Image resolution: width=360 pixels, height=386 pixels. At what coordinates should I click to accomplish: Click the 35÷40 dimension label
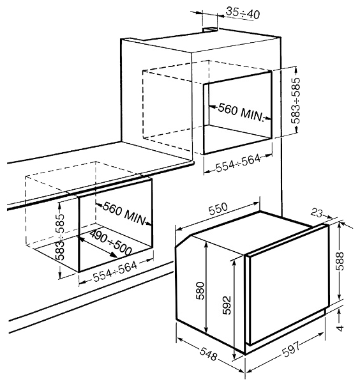pyautogui.click(x=243, y=13)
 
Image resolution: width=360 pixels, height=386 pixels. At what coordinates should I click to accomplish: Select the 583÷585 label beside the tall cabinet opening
pyautogui.click(x=296, y=100)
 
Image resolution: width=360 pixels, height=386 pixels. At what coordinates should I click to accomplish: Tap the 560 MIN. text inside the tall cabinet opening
pyautogui.click(x=241, y=112)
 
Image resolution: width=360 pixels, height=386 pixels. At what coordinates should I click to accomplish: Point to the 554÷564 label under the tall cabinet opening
pyautogui.click(x=238, y=163)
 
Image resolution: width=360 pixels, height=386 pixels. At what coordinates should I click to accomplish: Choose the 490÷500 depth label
pyautogui.click(x=110, y=242)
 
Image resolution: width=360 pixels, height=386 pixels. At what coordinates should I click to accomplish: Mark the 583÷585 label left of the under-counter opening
pyautogui.click(x=60, y=237)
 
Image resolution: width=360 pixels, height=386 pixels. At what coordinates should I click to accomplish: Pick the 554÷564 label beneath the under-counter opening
pyautogui.click(x=115, y=272)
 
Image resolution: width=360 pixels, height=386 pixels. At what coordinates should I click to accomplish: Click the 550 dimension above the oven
pyautogui.click(x=218, y=208)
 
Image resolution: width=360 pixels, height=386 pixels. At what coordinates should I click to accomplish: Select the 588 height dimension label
pyautogui.click(x=341, y=261)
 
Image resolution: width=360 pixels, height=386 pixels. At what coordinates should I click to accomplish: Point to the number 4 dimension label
pyautogui.click(x=340, y=328)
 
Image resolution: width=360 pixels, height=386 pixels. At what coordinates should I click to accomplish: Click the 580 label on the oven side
pyautogui.click(x=200, y=291)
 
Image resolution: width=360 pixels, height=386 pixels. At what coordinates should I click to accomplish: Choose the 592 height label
pyautogui.click(x=227, y=305)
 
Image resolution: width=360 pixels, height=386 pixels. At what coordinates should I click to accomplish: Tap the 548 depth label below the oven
pyautogui.click(x=209, y=354)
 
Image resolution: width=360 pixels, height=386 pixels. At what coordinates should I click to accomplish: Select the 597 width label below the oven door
pyautogui.click(x=292, y=349)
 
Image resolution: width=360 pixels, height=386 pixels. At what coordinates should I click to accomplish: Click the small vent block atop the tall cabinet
pyautogui.click(x=210, y=29)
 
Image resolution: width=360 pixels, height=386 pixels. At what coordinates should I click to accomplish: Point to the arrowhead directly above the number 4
pyautogui.click(x=340, y=312)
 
